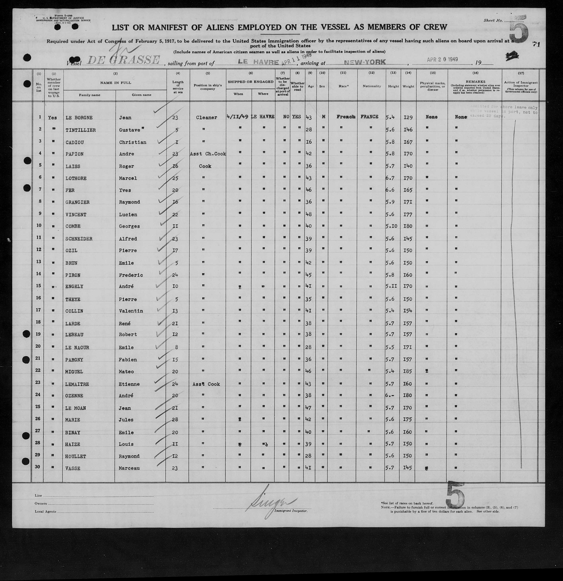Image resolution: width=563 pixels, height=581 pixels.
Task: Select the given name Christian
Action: click(x=133, y=142)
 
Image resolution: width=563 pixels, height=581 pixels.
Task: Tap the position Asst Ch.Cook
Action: click(x=208, y=154)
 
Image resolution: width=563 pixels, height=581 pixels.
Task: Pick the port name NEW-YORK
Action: click(x=365, y=62)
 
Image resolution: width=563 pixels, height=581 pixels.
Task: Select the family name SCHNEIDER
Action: click(x=79, y=239)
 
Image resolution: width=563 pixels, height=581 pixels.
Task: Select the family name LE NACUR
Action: click(x=77, y=347)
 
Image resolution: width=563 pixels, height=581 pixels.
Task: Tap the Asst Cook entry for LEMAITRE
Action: click(x=206, y=384)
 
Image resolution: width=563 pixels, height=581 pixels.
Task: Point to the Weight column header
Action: click(x=408, y=86)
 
